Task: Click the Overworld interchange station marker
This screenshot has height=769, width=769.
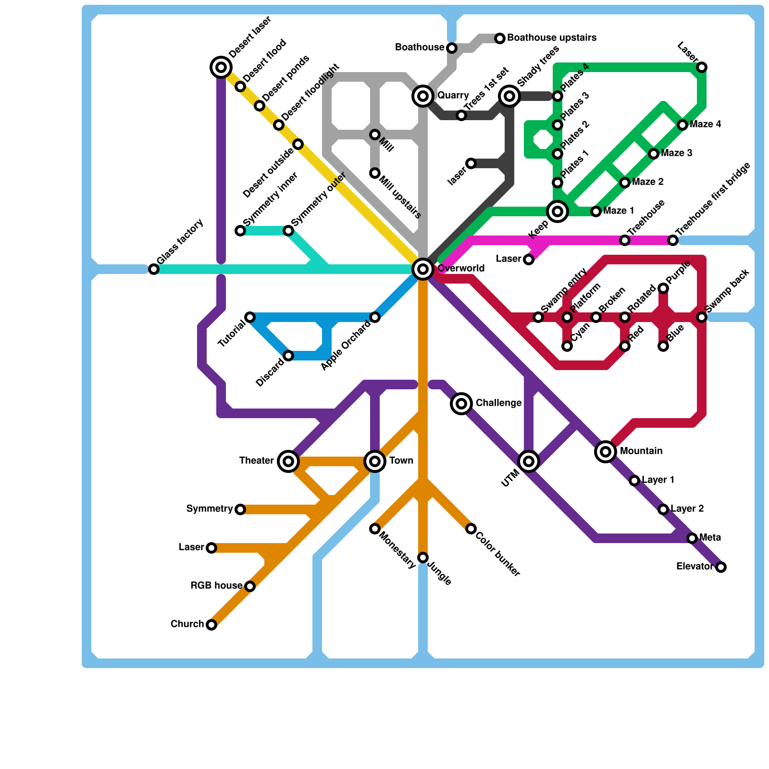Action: pos(423,269)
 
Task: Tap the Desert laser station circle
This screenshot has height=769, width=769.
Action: pos(221,67)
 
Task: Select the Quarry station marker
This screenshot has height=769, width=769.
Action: pos(423,96)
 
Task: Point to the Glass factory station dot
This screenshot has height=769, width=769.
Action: pos(154,269)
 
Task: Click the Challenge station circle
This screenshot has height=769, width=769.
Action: pos(461,404)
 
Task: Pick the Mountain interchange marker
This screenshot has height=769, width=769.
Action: pos(606,452)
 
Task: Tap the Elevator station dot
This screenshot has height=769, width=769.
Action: pos(721,567)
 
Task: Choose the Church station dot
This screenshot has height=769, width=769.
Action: pos(211,625)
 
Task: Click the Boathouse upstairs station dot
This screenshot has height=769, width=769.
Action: pos(500,38)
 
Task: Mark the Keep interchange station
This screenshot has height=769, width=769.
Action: pos(558,211)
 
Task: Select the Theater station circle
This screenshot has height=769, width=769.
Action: pos(288,461)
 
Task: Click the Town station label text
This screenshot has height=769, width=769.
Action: pos(401,461)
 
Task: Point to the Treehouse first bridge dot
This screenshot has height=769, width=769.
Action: pos(673,240)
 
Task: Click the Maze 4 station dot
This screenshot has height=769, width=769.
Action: pos(682,125)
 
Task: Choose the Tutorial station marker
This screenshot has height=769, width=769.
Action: pos(250,317)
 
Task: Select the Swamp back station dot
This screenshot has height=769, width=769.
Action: pos(702,317)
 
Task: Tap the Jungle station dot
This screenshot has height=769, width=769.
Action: pos(423,558)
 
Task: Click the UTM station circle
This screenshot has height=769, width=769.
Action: pos(529,461)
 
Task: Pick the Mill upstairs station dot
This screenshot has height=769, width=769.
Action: pos(375,173)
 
